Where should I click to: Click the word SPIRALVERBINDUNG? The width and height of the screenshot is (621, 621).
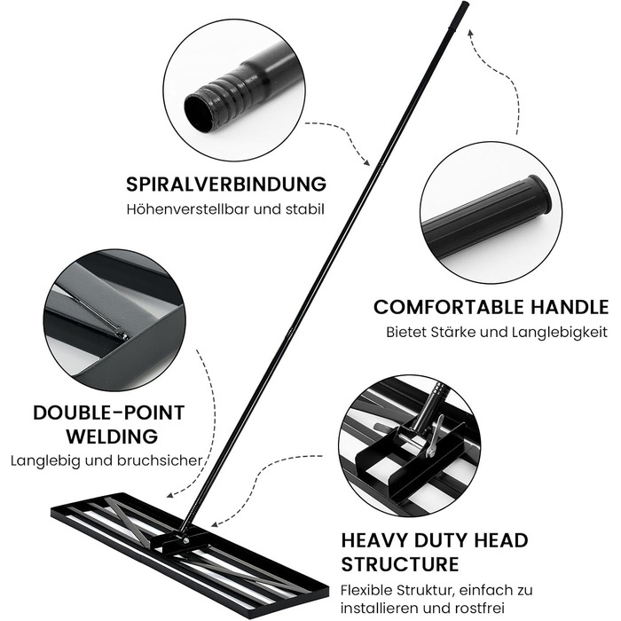click(226, 185)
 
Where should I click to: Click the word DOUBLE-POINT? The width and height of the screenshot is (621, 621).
click(109, 413)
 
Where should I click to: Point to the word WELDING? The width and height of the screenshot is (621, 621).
click(109, 436)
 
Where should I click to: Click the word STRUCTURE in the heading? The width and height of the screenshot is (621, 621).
click(400, 564)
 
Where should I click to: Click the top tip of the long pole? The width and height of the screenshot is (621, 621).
click(462, 6)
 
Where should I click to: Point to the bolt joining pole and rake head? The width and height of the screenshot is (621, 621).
click(186, 538)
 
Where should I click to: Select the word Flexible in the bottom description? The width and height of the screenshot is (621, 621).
click(368, 590)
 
